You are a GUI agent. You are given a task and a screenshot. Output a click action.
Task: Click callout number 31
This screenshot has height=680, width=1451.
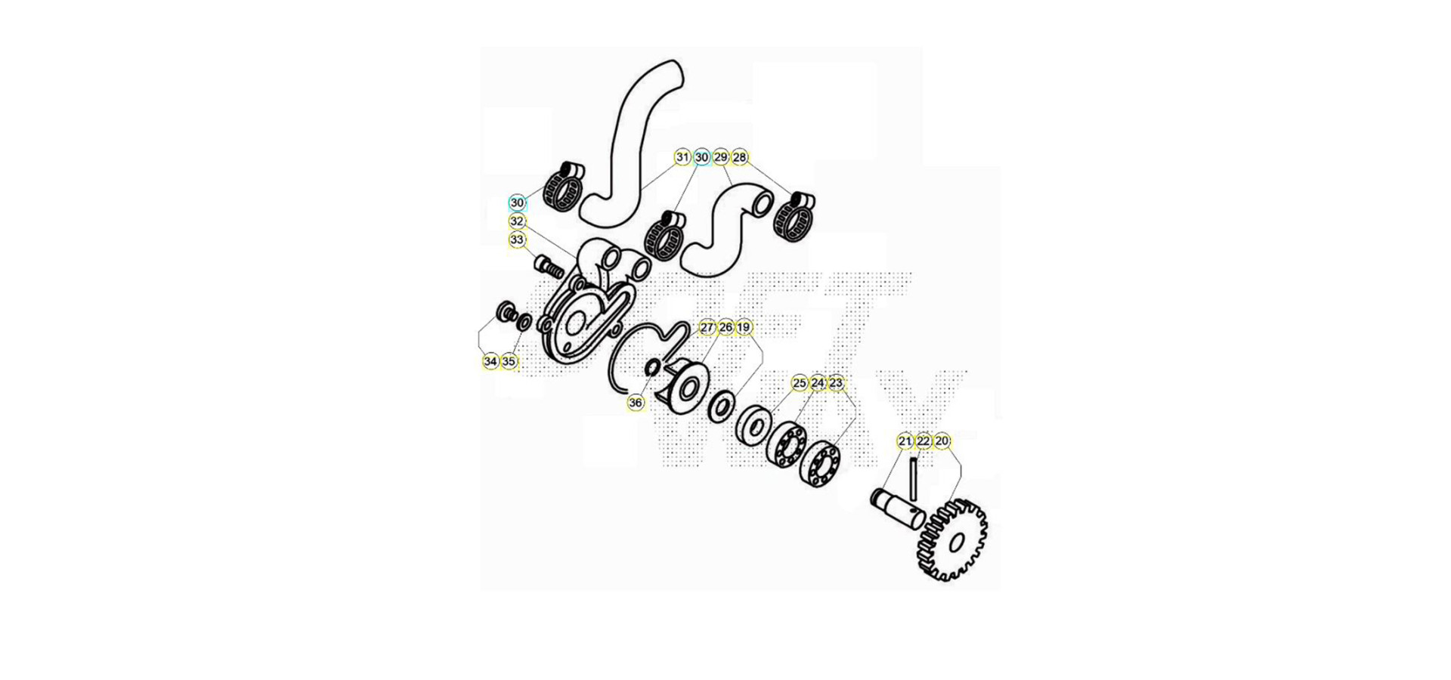pos(682,157)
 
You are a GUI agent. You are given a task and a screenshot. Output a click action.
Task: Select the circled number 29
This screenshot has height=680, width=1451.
pos(721,157)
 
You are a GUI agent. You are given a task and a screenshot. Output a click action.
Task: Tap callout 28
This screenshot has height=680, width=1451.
pos(740,157)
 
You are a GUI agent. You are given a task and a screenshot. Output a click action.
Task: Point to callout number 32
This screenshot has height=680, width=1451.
pos(517,221)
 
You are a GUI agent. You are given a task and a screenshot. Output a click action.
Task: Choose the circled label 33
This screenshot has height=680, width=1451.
pos(517,240)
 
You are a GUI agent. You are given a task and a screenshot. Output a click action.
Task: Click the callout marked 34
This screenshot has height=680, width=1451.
pos(490,362)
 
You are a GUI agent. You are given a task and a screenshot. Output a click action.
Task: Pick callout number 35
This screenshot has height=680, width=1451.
pos(509,362)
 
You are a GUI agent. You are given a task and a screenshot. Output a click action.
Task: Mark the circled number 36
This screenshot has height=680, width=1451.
pos(636,403)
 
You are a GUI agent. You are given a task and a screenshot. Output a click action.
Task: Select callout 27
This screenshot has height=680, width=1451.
pos(707,327)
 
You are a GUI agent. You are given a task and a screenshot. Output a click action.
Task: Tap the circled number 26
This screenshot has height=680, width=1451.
pos(726,327)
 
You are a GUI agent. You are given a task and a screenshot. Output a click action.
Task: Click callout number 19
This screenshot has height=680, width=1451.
pos(744,327)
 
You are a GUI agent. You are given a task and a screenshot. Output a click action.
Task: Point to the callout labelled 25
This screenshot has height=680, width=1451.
pos(800,383)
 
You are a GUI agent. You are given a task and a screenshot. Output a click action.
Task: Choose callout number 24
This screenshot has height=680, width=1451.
pos(818,383)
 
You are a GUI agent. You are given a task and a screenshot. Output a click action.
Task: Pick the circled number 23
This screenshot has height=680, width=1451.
pos(836,383)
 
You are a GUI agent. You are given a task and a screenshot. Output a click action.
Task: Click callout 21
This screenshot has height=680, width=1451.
pos(905,441)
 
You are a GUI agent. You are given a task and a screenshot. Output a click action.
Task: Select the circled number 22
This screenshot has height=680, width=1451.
pos(924,441)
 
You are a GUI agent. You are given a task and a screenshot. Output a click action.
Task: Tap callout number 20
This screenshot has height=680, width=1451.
pos(942,441)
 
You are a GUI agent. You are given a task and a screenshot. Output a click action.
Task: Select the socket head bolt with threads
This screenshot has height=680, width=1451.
pos(549,267)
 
